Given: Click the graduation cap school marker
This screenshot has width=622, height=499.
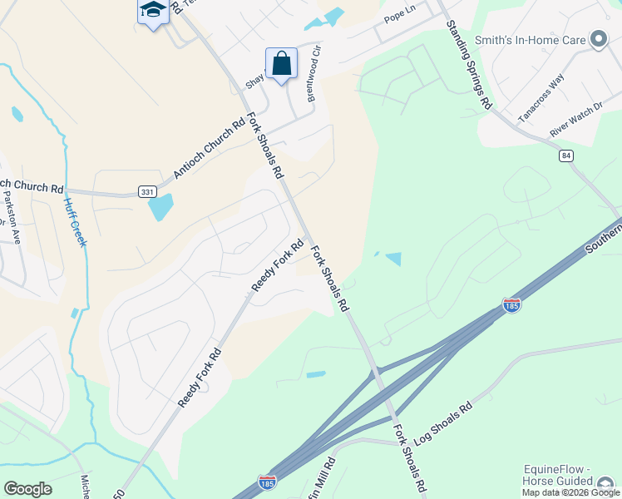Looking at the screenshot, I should (152, 11).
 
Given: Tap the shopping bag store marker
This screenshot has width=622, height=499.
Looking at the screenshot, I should (282, 63).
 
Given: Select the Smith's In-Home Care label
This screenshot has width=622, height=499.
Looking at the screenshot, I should (529, 38).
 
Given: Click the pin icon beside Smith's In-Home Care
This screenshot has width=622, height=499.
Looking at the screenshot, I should (598, 39).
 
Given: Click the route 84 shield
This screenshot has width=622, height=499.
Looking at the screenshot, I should (566, 156).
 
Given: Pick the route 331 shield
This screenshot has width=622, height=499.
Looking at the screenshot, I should (148, 192).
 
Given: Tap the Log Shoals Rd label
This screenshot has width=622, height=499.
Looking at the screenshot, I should (443, 422).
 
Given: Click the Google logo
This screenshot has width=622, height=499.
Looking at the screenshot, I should (27, 489).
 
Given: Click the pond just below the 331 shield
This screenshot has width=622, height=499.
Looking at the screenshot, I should (161, 206).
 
